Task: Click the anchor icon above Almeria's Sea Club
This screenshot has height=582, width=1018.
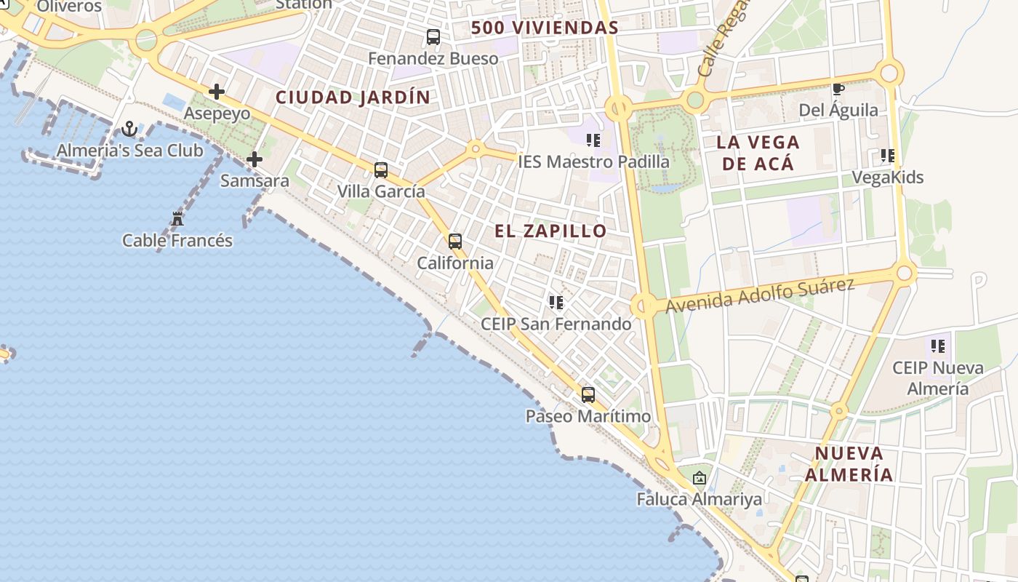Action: (129, 129)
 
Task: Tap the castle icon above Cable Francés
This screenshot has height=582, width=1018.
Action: (177, 218)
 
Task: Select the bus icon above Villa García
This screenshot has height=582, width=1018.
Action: (381, 170)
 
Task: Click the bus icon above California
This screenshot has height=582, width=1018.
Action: (455, 242)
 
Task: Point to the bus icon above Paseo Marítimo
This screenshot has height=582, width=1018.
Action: (588, 395)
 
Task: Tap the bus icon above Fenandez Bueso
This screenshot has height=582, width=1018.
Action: (433, 36)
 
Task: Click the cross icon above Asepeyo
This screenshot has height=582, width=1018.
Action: (216, 92)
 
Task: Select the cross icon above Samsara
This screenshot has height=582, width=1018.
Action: (254, 159)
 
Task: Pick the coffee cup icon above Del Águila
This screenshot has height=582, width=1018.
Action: (838, 89)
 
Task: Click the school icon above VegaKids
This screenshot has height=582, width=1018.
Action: (887, 156)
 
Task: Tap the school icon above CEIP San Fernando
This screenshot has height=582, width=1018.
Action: (556, 302)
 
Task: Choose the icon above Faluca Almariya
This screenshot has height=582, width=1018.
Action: (700, 478)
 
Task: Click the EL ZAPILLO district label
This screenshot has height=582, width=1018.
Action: (550, 231)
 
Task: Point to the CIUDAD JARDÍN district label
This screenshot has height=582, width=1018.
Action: (353, 97)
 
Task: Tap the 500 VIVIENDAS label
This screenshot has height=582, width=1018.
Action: (545, 28)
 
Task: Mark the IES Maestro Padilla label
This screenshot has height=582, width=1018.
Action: (593, 162)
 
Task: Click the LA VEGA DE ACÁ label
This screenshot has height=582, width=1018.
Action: (758, 153)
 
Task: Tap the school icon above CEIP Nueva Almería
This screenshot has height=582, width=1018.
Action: (938, 346)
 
